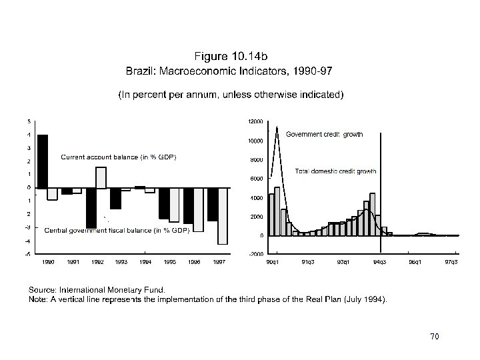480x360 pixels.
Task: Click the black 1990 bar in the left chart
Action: point(42,161)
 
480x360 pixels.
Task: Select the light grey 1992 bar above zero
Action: point(101,177)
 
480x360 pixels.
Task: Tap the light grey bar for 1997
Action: point(223,216)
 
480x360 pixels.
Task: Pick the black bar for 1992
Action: point(91,208)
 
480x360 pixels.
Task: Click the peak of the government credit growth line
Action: point(277,127)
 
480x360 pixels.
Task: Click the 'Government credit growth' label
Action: point(324,135)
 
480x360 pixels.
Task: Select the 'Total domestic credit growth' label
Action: point(335,171)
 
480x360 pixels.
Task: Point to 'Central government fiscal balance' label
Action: point(117,230)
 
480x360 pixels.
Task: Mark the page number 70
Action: point(435,336)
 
